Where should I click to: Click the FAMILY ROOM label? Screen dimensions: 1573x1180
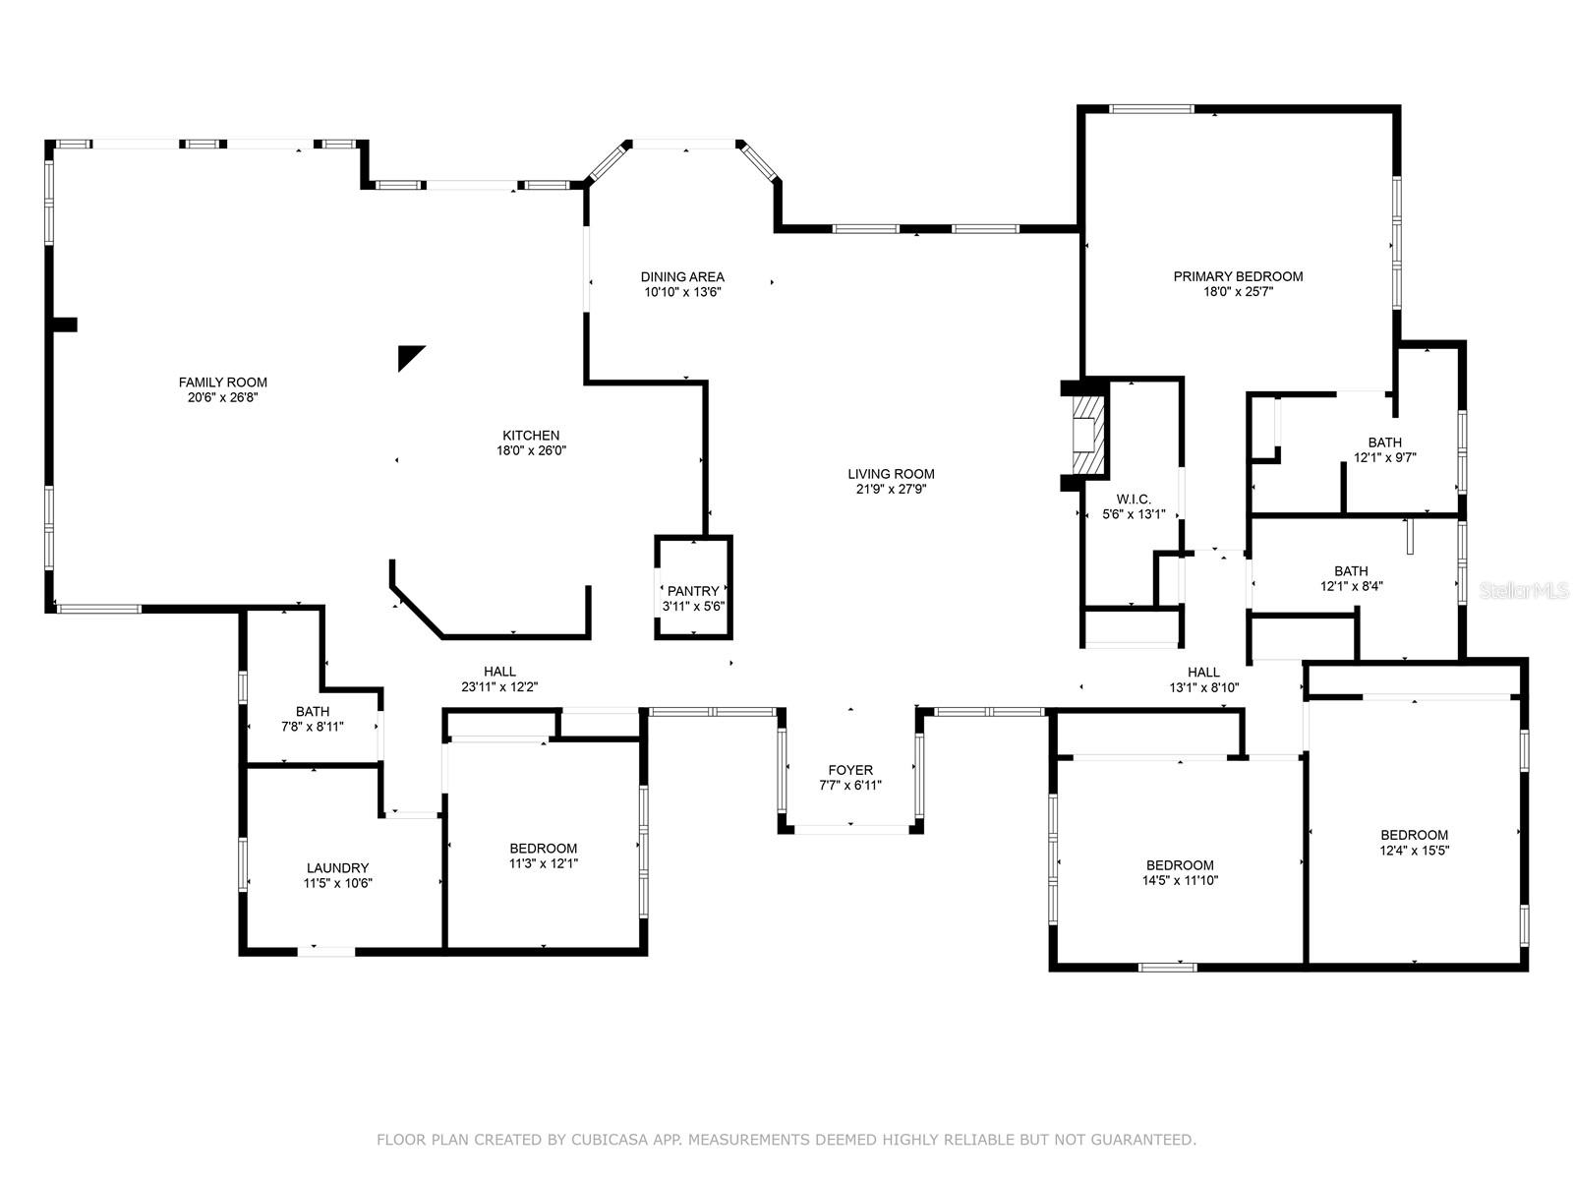click(222, 383)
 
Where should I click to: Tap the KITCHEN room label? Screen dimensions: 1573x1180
click(530, 436)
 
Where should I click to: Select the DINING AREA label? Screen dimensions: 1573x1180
click(681, 277)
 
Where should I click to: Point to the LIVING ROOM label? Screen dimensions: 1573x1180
click(890, 474)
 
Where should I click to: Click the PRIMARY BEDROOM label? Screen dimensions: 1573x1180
click(1238, 276)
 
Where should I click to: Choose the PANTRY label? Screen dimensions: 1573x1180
click(692, 591)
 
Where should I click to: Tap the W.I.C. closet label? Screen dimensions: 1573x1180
click(1133, 499)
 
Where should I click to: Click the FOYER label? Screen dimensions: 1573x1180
click(850, 770)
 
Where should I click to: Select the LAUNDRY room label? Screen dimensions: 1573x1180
click(337, 868)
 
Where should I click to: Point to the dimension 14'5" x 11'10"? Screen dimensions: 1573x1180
click(1180, 880)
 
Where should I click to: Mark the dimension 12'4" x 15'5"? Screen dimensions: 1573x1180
click(1414, 851)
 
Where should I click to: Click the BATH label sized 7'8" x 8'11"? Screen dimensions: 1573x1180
click(313, 711)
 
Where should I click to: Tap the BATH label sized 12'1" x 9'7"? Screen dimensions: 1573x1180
click(1384, 442)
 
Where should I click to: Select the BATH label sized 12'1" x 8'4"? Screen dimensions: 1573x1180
click(1351, 571)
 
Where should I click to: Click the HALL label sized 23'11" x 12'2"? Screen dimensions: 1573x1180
click(499, 672)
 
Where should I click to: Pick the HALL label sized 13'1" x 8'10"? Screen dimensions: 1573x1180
click(1203, 672)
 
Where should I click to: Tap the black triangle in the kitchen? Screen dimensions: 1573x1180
click(410, 357)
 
